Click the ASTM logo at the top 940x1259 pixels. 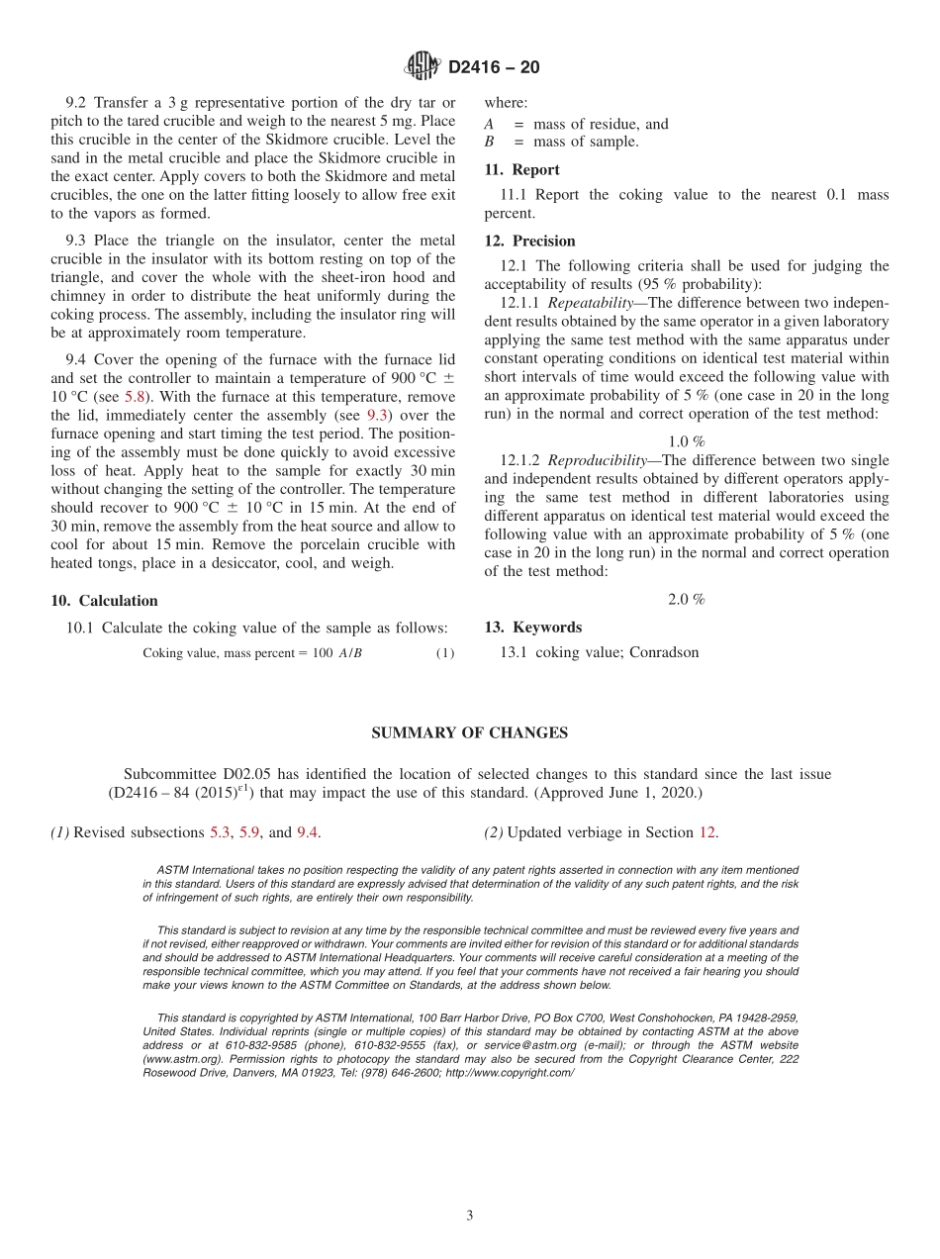(422, 66)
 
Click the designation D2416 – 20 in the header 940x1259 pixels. (494, 67)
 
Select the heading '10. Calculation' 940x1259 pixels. (104, 601)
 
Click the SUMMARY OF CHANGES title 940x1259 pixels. (469, 732)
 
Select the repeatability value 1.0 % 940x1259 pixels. (686, 441)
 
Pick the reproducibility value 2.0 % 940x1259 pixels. (686, 600)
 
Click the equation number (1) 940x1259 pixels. (445, 653)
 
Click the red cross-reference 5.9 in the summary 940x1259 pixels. (249, 832)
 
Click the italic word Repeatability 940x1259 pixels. (590, 303)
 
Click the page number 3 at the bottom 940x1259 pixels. (469, 1215)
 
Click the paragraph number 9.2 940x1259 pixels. (76, 103)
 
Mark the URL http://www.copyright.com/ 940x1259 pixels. (509, 1072)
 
